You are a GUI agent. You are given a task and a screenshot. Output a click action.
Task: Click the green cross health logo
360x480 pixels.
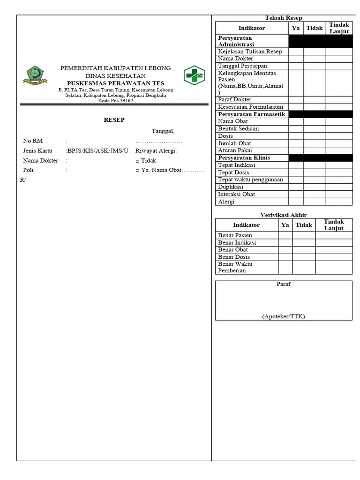pos(194,75)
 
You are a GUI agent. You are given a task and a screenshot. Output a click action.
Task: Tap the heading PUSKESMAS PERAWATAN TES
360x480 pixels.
pos(115,83)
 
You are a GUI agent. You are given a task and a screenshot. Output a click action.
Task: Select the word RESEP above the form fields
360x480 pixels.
pos(114,120)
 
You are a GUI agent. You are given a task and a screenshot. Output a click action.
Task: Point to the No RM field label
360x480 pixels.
pos(33,141)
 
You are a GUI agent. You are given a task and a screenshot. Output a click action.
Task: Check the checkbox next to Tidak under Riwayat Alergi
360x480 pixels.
pos(137,161)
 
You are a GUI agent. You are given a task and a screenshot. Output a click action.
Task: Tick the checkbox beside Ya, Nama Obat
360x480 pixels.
pos(137,170)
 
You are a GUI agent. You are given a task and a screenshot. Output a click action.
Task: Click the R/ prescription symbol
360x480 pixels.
pos(23,180)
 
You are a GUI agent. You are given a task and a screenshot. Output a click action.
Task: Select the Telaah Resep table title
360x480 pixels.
pos(284,18)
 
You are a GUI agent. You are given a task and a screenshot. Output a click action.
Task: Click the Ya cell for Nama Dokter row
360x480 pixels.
pos(295,59)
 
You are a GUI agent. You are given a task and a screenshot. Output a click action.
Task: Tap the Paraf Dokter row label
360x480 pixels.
pos(234,99)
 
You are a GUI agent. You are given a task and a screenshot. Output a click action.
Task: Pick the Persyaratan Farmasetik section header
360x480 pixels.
pos(251,114)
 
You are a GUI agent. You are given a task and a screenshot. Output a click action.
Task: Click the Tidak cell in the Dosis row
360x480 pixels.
pos(314,136)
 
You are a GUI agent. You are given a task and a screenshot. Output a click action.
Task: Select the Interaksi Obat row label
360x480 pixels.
pos(236,194)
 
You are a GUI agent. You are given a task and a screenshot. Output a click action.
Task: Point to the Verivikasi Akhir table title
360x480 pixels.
pos(284,215)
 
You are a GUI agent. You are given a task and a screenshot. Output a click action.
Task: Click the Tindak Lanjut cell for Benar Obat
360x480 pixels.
pos(333,250)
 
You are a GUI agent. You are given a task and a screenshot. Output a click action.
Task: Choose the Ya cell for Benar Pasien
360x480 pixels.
pos(285,235)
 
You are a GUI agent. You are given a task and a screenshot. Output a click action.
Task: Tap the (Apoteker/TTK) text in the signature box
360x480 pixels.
pos(284,316)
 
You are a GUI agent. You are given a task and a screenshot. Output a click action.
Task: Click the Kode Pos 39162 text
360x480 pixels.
pos(115,101)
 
